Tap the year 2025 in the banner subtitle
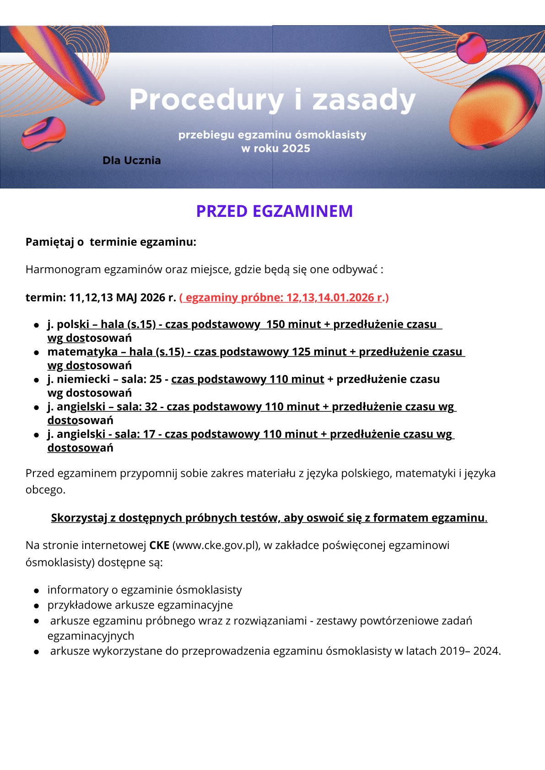click(x=296, y=149)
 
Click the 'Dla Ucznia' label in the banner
click(x=132, y=161)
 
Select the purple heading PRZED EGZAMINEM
click(x=274, y=211)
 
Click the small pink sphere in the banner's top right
click(x=471, y=48)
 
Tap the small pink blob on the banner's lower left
click(x=43, y=133)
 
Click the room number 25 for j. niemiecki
click(x=156, y=379)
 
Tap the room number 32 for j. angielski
click(x=151, y=407)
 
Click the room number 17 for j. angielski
click(x=149, y=434)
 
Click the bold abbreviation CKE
click(x=159, y=545)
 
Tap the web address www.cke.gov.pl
click(x=215, y=545)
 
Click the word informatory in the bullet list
click(x=75, y=590)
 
